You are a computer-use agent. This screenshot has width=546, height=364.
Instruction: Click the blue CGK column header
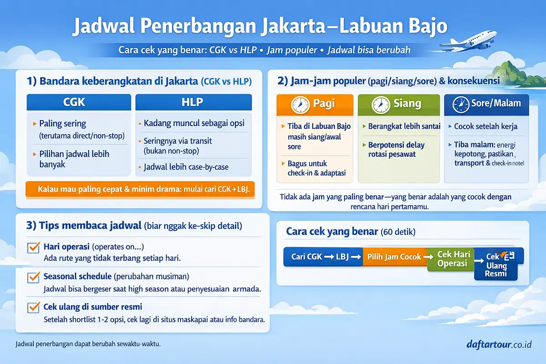tap(79, 102)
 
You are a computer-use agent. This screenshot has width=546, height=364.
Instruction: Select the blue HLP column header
tap(193, 102)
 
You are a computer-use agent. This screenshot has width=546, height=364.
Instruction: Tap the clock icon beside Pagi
tap(299, 104)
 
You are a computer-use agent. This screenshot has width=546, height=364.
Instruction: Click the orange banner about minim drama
tap(141, 189)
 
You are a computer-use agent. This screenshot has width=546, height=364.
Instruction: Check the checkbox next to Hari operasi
tap(34, 248)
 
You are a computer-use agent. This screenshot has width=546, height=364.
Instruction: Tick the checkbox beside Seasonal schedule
tap(34, 277)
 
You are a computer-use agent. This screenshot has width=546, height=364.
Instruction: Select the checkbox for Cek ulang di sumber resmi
tap(34, 307)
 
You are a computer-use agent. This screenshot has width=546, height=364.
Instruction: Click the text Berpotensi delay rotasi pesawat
tap(396, 150)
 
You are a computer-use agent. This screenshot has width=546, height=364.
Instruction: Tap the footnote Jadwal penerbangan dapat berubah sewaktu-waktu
tap(88, 344)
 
